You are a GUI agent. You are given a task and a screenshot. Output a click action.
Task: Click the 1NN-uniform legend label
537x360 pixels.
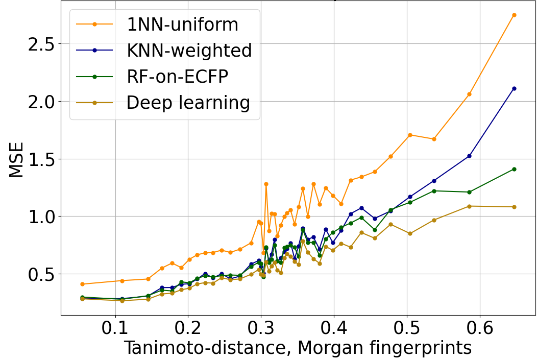pos(182,25)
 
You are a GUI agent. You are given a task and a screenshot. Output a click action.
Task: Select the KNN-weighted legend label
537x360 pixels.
pos(189,51)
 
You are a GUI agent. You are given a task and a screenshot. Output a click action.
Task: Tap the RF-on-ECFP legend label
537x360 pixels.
pos(177,77)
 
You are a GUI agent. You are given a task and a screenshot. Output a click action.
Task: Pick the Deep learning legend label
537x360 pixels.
pos(188,103)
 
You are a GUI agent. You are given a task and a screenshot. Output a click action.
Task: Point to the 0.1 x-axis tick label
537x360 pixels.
pos(115,327)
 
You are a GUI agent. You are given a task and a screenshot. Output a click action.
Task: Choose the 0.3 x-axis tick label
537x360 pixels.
pos(261,327)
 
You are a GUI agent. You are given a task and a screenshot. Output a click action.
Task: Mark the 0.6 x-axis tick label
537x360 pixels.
pos(480,327)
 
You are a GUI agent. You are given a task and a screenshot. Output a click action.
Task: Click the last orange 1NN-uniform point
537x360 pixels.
pos(514,15)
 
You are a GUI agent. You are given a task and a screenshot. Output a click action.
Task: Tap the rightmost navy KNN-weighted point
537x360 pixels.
pos(514,88)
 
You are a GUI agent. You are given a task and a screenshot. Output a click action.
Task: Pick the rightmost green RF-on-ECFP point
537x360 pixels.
pos(514,169)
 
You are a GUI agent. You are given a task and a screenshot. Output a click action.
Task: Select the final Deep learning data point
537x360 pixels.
pos(514,207)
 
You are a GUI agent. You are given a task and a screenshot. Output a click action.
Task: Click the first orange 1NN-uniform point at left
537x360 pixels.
pos(82,284)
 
